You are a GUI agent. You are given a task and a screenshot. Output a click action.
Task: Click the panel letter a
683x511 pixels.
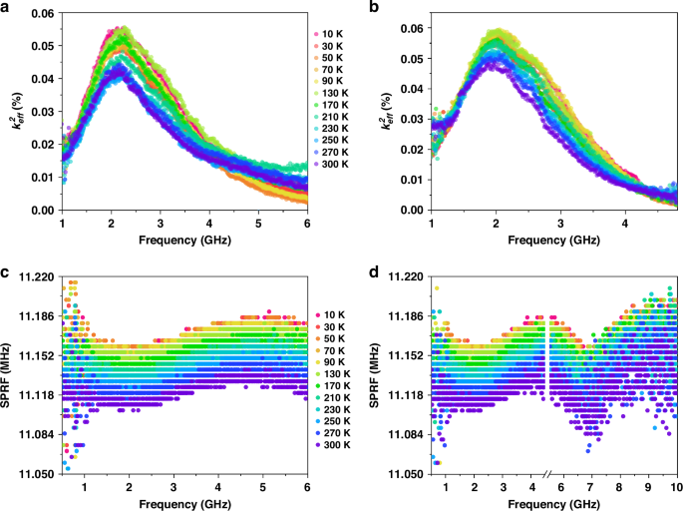[7, 8]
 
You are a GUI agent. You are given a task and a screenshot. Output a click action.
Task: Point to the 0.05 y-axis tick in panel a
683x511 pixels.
[40, 46]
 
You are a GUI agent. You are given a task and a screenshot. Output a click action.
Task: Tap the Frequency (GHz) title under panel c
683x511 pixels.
[184, 504]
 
